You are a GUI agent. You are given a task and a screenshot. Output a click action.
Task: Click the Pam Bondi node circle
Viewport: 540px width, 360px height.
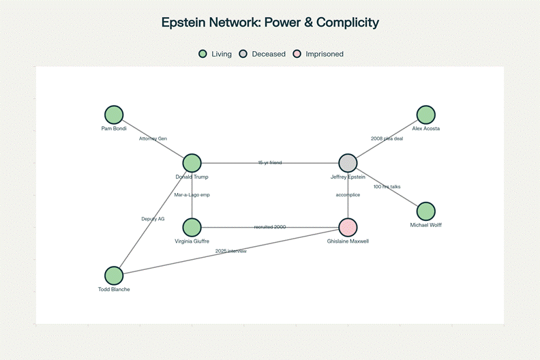(x=114, y=115)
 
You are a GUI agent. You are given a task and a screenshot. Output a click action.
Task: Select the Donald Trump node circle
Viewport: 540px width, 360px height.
(x=192, y=163)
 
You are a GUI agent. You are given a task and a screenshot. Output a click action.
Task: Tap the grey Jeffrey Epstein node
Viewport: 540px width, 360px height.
(x=348, y=163)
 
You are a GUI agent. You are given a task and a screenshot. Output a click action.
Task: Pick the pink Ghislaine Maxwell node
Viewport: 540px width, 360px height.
(x=348, y=227)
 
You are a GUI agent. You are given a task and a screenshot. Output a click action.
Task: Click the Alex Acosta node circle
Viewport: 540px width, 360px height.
(x=426, y=115)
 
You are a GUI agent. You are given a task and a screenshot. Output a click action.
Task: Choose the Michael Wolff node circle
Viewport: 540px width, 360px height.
(x=425, y=211)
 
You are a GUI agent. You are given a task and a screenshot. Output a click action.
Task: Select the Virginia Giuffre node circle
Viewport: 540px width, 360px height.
(x=192, y=227)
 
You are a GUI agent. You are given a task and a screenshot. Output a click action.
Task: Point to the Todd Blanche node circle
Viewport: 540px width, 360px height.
(x=114, y=275)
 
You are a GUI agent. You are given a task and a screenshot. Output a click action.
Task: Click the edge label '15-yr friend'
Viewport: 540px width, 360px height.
(x=270, y=163)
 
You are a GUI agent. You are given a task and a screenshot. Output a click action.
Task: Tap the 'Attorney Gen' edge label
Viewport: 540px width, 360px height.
(x=153, y=138)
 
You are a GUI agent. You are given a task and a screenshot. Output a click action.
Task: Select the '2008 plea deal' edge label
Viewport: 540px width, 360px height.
(x=387, y=138)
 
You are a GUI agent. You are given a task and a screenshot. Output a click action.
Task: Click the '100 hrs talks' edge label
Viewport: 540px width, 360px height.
(x=387, y=187)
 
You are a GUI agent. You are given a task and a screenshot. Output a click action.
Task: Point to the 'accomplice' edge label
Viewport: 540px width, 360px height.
(x=348, y=195)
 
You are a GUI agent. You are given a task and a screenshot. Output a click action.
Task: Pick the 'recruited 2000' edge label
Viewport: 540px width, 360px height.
(x=270, y=227)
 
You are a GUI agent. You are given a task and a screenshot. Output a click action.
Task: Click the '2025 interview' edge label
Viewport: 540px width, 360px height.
(x=230, y=252)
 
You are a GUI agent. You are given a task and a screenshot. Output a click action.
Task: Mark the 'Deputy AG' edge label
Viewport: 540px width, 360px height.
(x=153, y=219)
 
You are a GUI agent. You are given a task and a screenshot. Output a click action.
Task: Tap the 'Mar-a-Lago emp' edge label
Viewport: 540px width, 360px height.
(x=192, y=195)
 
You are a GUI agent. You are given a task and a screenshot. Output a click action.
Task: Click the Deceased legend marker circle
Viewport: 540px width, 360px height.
(x=243, y=54)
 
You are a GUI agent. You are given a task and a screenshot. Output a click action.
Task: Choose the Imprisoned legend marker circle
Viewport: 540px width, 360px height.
(x=296, y=54)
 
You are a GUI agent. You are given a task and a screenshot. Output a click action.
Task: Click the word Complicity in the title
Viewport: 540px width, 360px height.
(x=346, y=22)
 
